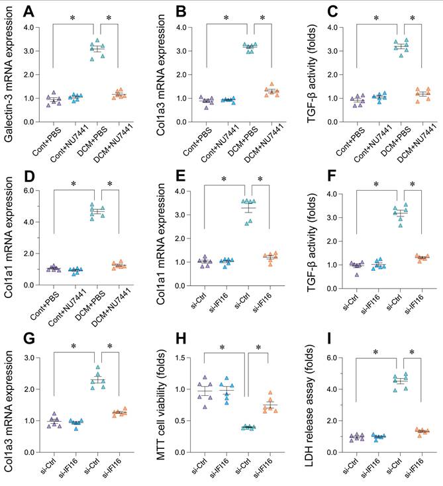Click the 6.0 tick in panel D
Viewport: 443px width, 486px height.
[x=30, y=191]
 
